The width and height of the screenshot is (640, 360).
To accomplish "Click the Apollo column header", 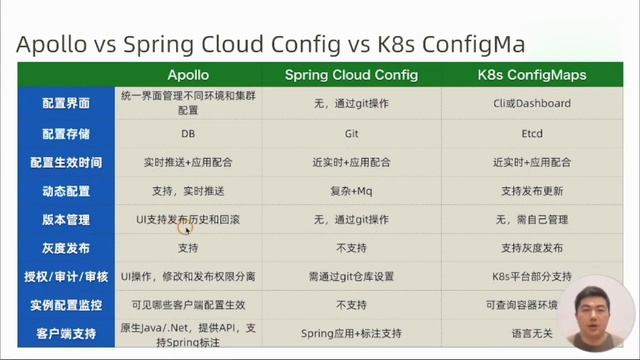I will coord(187,75).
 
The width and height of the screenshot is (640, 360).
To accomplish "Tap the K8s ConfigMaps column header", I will coord(531,75).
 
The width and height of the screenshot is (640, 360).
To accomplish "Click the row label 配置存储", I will coord(66,133).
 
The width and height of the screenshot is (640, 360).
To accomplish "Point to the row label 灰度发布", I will coord(66,247).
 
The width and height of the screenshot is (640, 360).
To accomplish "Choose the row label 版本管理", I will coord(66,218).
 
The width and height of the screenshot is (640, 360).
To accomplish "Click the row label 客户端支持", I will coord(66,332).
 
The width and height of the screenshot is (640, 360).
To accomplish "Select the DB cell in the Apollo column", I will coord(187,133).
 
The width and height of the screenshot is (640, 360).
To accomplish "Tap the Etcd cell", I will coord(531,133).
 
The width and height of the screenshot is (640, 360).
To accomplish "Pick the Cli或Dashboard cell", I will coord(531,103).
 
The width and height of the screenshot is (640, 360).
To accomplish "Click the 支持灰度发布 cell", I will coord(531,247).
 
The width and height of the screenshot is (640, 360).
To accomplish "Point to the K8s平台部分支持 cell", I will coord(531,275).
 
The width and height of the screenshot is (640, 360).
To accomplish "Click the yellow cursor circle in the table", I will coord(184,227).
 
